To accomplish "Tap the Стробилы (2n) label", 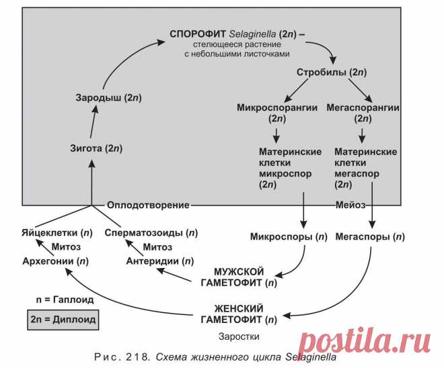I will [330, 71].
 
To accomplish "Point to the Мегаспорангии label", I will [363, 107].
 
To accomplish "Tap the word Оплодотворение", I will [149, 204].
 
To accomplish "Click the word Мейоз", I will [353, 204].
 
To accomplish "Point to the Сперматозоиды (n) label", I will [152, 233].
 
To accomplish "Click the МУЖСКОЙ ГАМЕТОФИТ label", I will [238, 277].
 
